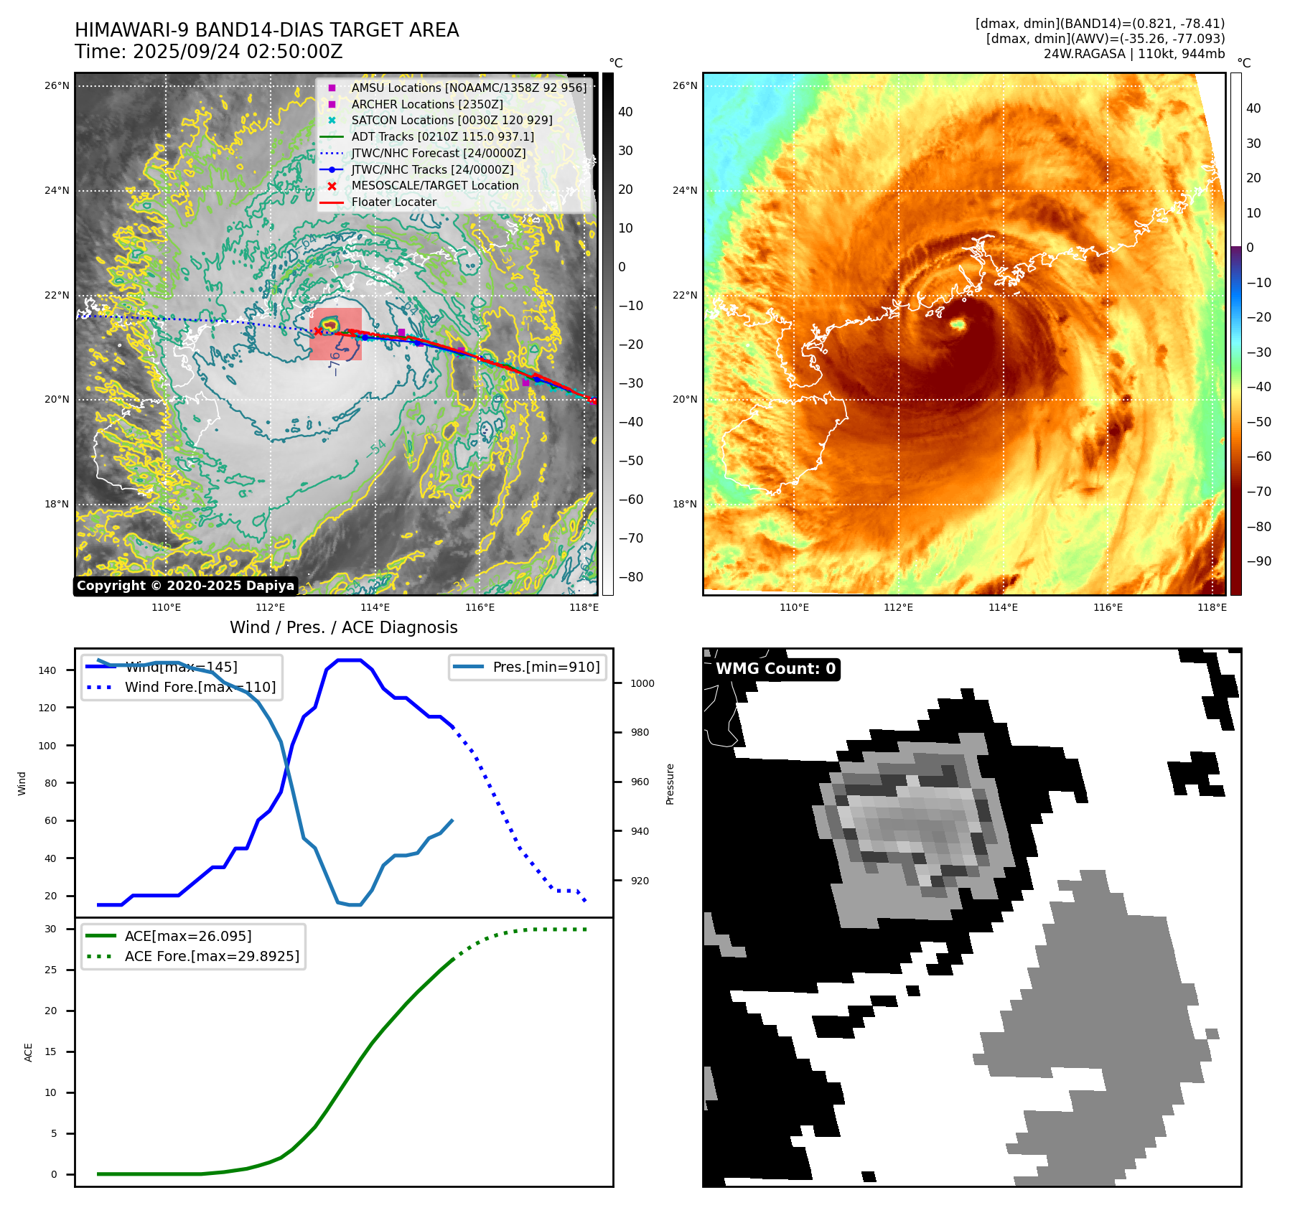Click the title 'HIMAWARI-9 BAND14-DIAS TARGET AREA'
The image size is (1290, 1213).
[x=266, y=30]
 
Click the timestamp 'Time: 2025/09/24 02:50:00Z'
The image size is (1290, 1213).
[x=208, y=52]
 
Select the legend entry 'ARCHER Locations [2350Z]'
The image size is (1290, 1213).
[x=426, y=104]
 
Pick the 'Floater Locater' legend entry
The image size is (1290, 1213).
[x=393, y=202]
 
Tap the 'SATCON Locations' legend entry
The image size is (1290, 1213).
[x=452, y=120]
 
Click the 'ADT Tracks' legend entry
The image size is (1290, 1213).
[x=442, y=136]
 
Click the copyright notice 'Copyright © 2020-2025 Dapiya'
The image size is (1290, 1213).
[x=185, y=586]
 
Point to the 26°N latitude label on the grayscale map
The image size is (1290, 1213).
[x=57, y=85]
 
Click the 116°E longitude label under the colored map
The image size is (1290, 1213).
[x=1108, y=607]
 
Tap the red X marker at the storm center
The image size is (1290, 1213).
[x=318, y=331]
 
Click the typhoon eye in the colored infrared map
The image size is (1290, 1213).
[x=958, y=325]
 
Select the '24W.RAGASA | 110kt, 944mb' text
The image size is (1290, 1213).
[x=1134, y=54]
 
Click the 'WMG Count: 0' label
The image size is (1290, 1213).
[x=775, y=669]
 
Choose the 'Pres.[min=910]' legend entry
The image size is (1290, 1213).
[x=546, y=667]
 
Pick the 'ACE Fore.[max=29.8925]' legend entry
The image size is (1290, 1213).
[x=212, y=956]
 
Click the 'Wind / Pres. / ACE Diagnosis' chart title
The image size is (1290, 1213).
[x=343, y=627]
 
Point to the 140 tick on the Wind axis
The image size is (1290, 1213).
[x=47, y=670]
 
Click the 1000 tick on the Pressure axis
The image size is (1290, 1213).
[x=642, y=683]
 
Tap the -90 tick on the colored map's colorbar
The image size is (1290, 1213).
[x=1258, y=561]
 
